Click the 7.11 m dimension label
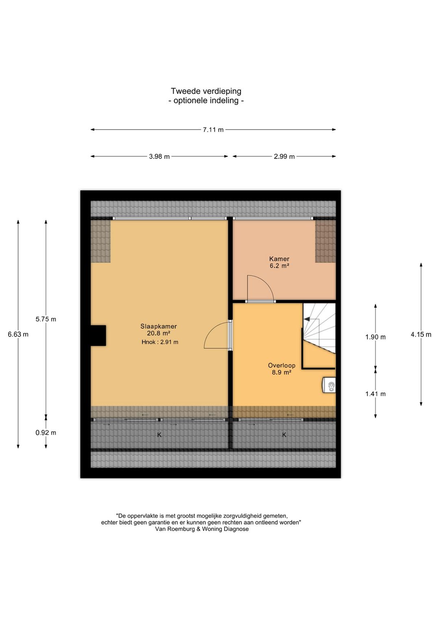coord(213,130)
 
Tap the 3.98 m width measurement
coord(159,156)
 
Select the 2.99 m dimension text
coord(284,156)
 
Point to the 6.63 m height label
coord(18,334)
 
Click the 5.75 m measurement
coord(46,319)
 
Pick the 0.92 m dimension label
coord(46,433)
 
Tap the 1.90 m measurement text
coord(375,337)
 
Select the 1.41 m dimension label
coord(375,394)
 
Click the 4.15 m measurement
coord(421,334)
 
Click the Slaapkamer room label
coord(159,326)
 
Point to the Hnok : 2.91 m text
coord(160,342)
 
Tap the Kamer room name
coord(279,259)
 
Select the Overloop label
coord(281,365)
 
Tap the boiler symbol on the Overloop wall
coord(329,385)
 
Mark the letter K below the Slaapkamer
coord(159,435)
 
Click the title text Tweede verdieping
coord(206,91)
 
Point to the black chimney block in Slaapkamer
coord(98,336)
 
